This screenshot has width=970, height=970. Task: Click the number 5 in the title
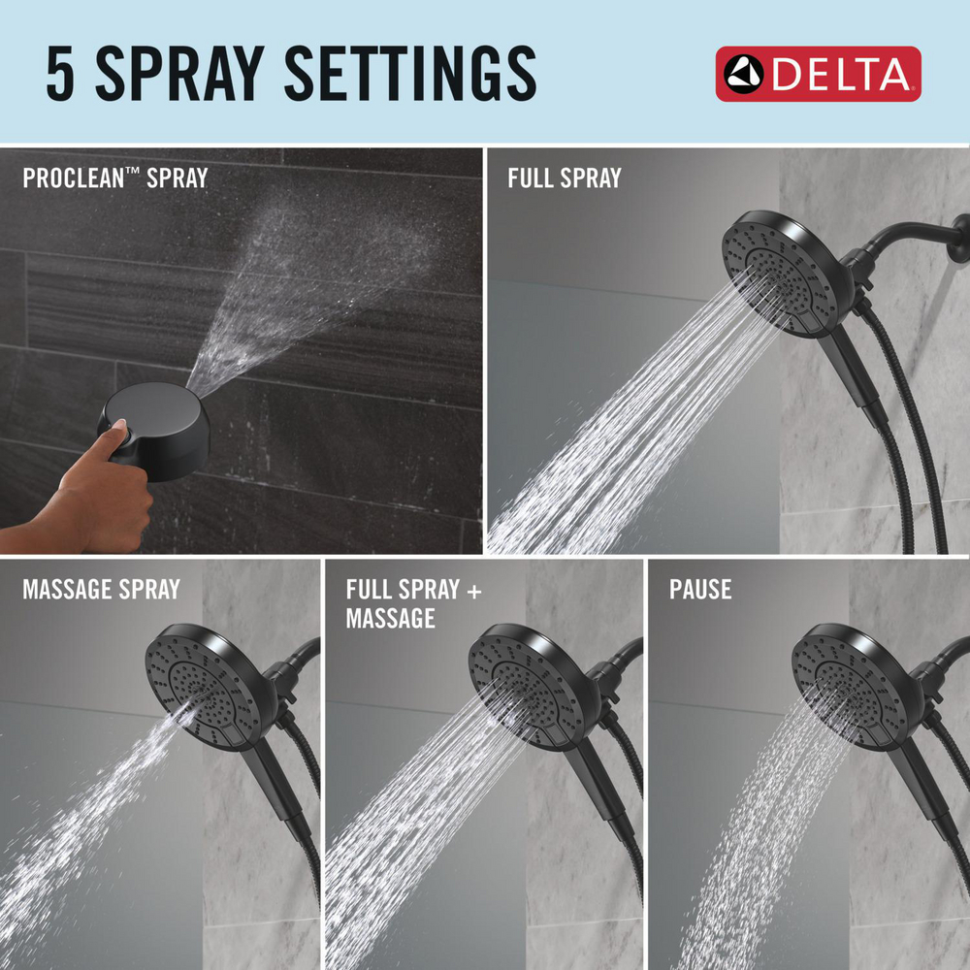click(x=62, y=74)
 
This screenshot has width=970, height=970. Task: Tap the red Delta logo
click(x=818, y=74)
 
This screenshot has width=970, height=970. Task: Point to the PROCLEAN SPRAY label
click(x=114, y=178)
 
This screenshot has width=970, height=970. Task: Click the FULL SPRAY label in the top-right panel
click(x=564, y=178)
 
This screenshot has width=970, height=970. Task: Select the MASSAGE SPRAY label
click(x=101, y=589)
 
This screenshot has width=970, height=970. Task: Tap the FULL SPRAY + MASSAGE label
click(x=413, y=602)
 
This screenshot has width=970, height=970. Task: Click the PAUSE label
click(x=699, y=589)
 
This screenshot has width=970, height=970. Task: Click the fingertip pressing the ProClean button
click(x=120, y=428)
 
